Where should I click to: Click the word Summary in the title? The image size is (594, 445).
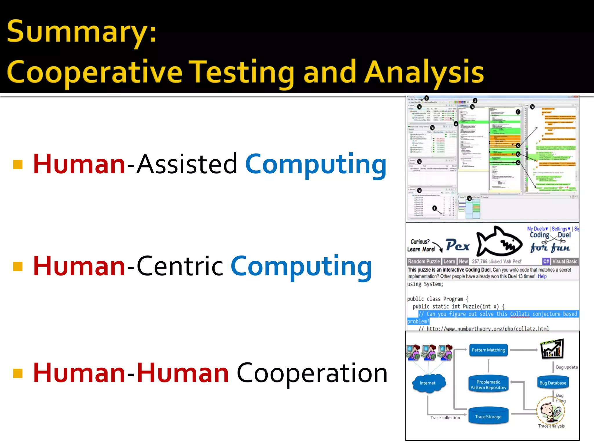(81, 32)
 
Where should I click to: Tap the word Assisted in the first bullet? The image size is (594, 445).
(187, 164)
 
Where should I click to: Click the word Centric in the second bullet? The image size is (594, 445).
(180, 266)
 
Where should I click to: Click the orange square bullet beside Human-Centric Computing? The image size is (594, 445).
(18, 266)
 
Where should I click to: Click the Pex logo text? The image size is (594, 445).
(457, 245)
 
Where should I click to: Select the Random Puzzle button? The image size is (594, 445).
(424, 261)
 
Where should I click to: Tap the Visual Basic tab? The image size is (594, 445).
(564, 261)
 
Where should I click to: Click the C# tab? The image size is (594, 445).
(546, 261)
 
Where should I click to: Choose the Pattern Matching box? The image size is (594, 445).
(488, 350)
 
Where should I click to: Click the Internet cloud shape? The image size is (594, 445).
(428, 383)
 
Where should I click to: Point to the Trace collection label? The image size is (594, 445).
(445, 417)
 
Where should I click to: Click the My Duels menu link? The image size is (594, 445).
(537, 229)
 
